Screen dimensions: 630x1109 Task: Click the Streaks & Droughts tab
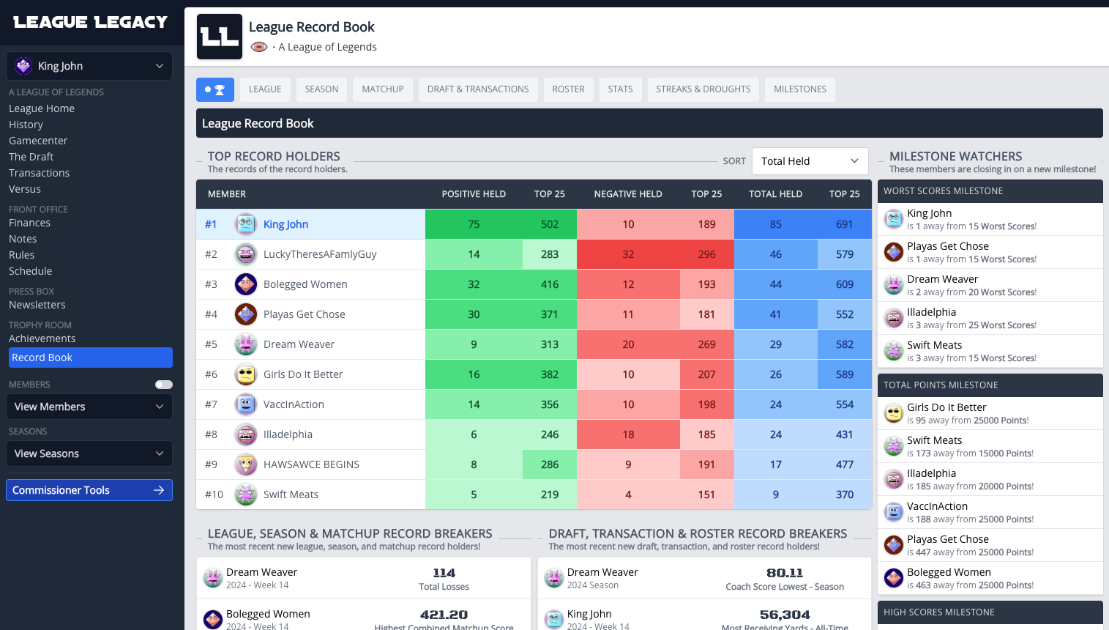703,89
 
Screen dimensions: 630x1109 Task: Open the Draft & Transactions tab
478,89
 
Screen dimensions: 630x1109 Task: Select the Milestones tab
799,89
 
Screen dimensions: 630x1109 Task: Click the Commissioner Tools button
89,490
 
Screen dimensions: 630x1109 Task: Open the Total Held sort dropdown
810,161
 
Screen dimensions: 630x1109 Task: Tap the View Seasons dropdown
89,453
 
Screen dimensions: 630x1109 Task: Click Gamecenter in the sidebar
38,141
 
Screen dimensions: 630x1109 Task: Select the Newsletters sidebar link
37,305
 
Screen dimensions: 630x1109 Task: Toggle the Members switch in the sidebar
164,385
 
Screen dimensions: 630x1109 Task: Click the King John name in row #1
285,224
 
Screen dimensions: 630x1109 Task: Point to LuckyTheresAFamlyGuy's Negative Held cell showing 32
628,254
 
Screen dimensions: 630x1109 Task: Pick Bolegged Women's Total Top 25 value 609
845,284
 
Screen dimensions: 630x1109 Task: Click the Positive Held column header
474,194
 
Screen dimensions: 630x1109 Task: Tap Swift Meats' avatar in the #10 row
246,494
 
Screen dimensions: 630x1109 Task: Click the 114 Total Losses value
444,573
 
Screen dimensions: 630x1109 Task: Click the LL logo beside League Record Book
220,37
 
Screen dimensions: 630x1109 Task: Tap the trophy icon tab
215,89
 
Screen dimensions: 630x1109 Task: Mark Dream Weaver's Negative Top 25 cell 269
706,344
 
